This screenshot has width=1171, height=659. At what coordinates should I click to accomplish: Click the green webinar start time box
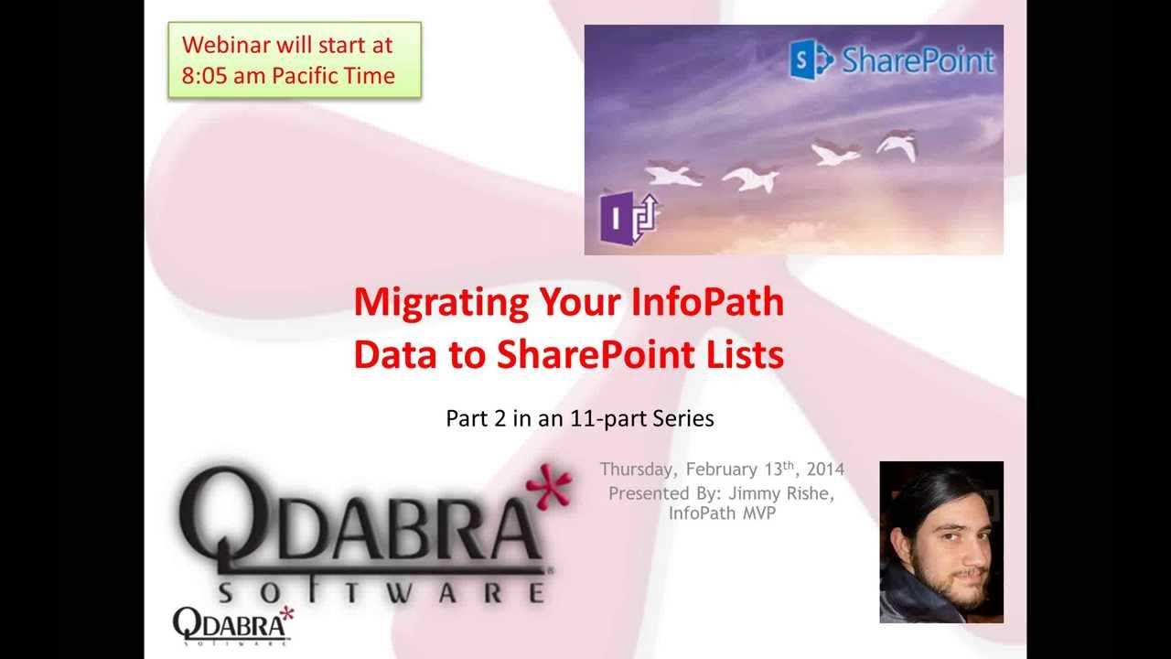tap(295, 59)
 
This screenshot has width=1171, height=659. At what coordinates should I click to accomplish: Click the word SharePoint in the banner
tap(918, 60)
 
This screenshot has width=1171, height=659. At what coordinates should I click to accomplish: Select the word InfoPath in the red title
tap(707, 302)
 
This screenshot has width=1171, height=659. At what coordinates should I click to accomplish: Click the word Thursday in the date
tap(637, 470)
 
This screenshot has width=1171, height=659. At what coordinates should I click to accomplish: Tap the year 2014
tap(825, 470)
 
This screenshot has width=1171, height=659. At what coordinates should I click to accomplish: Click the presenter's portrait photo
tap(940, 542)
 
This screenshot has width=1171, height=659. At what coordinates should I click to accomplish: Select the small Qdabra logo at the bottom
tap(232, 625)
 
